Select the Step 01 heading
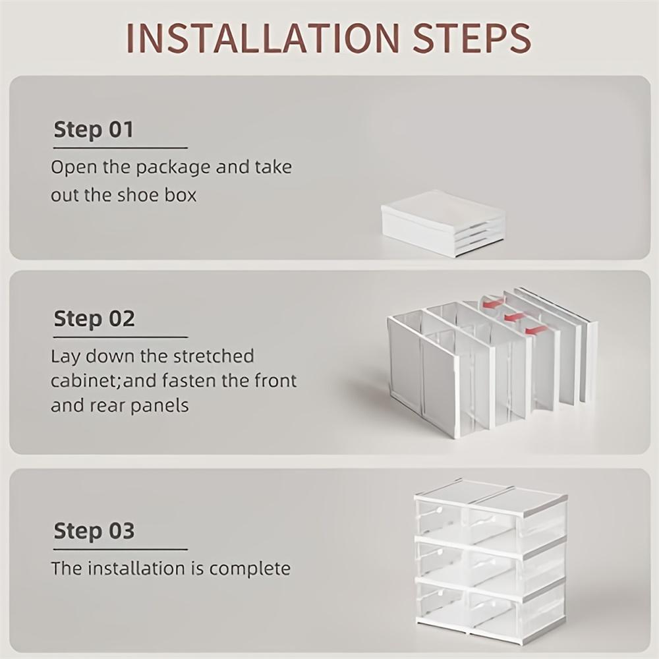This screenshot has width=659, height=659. pyautogui.click(x=94, y=129)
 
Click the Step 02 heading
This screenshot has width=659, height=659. pyautogui.click(x=94, y=318)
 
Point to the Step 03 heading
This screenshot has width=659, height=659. pyautogui.click(x=94, y=530)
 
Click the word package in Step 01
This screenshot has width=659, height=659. pyautogui.click(x=174, y=167)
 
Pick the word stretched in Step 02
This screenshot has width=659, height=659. pyautogui.click(x=213, y=357)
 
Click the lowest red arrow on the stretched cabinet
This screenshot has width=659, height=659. pyautogui.click(x=536, y=329)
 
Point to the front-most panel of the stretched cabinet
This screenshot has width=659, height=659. pyautogui.click(x=422, y=376)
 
